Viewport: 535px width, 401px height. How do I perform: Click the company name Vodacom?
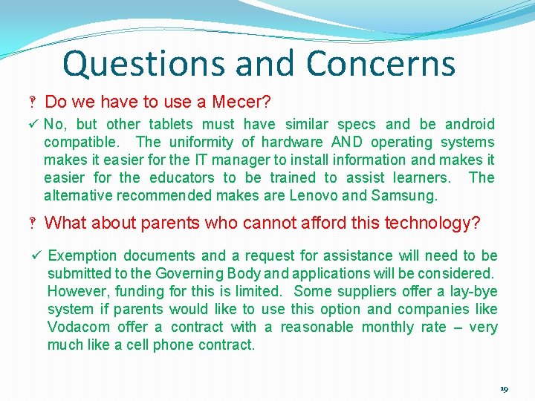pyautogui.click(x=78, y=327)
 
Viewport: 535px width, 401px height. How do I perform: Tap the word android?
pyautogui.click(x=469, y=124)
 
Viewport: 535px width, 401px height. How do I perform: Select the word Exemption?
pyautogui.click(x=82, y=255)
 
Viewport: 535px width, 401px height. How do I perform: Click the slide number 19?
pyautogui.click(x=504, y=389)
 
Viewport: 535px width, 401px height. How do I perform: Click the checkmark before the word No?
pyautogui.click(x=34, y=124)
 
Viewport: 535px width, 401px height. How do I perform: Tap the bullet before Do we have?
pyautogui.click(x=34, y=102)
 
